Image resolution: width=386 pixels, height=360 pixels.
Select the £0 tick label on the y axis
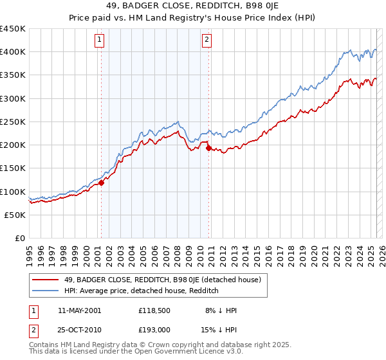point(19,238)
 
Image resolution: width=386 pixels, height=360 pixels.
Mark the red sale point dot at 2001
point(101,183)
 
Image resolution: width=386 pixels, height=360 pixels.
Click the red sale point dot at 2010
point(208,148)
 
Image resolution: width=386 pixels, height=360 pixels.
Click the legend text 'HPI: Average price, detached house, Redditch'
point(142,291)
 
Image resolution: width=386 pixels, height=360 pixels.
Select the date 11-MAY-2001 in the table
point(79,310)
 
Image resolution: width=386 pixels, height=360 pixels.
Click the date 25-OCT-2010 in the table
point(79,329)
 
